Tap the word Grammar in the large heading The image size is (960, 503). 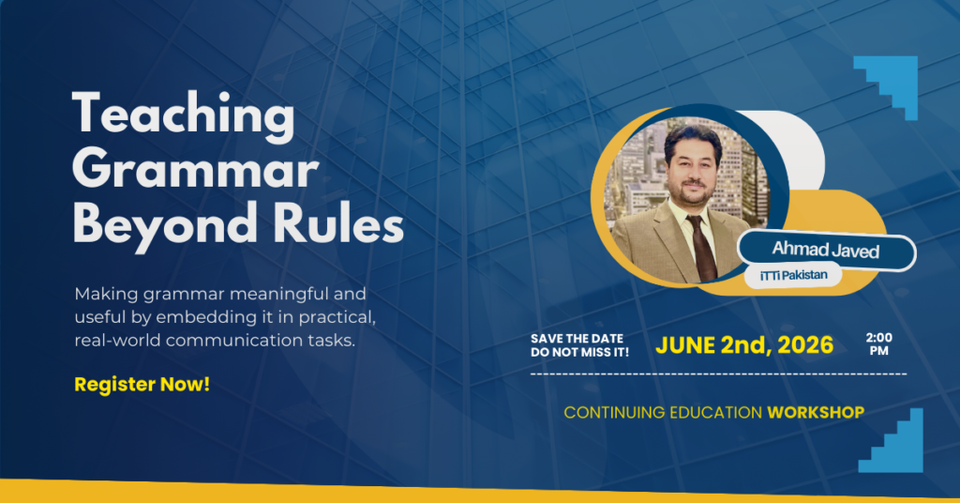(195, 171)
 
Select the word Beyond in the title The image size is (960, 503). (165, 226)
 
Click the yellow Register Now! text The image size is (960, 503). (142, 384)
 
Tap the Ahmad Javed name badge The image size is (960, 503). (827, 250)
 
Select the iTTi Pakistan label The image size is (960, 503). (793, 276)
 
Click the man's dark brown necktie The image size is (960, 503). (702, 248)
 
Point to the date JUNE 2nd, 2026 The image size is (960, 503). (744, 345)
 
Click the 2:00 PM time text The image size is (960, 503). (879, 343)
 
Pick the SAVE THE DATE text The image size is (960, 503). (577, 338)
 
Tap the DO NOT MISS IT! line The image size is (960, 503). (579, 352)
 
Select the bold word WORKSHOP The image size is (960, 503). (816, 412)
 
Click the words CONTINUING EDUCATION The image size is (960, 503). (663, 412)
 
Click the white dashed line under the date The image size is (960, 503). (718, 373)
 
